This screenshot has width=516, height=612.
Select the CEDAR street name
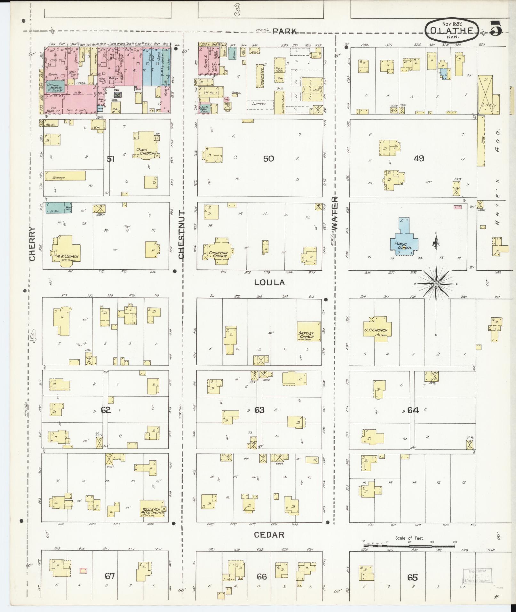coord(269,535)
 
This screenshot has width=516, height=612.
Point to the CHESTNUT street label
coord(181,234)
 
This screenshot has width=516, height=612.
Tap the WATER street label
coord(334,213)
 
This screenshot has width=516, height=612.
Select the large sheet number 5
coord(495,28)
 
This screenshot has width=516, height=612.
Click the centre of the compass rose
coord(436,284)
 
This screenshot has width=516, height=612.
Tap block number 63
coord(259,410)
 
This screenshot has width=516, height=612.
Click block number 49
coord(419,158)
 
